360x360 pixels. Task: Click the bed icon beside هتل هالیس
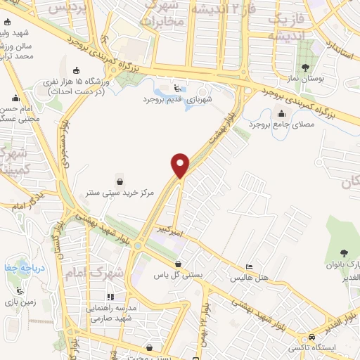pyautogui.click(x=247, y=268)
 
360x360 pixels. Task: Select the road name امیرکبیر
pyautogui.click(x=170, y=229)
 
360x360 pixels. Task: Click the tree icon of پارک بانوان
pyautogui.click(x=344, y=253)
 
